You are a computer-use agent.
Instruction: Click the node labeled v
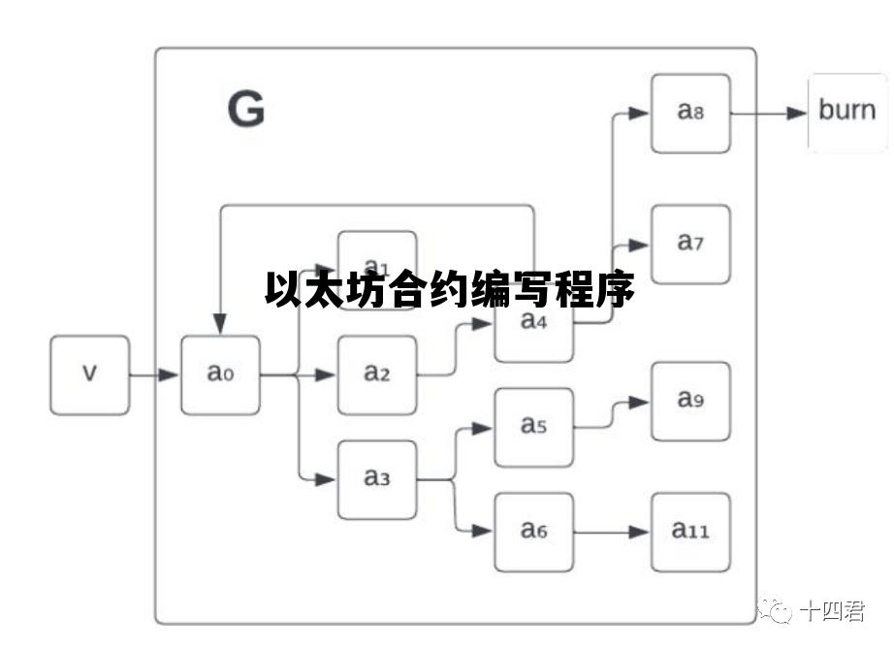click(89, 374)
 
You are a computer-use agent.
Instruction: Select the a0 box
click(220, 374)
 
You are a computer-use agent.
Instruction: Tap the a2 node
click(376, 374)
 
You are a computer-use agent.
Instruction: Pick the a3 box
click(376, 479)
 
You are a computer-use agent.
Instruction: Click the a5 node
click(533, 427)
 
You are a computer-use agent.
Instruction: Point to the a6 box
click(533, 532)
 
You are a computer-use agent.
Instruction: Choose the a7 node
click(690, 244)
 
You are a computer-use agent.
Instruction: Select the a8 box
click(690, 113)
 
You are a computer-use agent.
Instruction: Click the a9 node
click(690, 401)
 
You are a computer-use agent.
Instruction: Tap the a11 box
click(690, 532)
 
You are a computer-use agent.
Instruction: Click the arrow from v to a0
click(154, 374)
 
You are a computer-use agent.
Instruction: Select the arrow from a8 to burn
click(769, 113)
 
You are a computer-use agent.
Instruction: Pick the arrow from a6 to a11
click(611, 532)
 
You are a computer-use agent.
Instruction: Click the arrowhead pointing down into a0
click(220, 325)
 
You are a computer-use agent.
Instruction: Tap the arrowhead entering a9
click(639, 402)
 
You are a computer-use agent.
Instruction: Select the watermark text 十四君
click(832, 611)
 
